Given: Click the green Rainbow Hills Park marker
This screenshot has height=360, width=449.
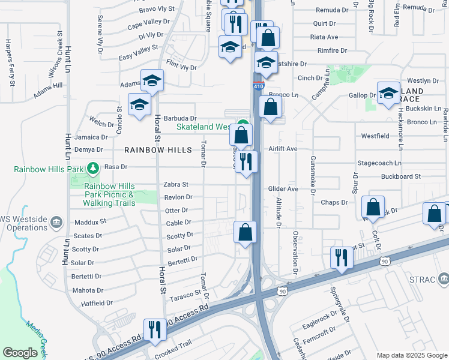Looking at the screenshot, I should pos(93,169).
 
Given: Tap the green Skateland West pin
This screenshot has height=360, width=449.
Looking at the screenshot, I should pos(242,126).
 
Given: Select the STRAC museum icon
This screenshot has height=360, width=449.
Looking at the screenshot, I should pos(444,278).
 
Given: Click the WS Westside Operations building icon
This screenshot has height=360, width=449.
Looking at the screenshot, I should pos(56,222).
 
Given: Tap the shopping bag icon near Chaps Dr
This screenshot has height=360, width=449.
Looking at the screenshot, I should pos(373,208).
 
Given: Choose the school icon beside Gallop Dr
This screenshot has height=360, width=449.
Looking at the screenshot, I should pos(389,92).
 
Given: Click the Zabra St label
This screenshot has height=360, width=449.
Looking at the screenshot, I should pos(176,185).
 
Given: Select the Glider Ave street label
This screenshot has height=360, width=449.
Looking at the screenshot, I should pos(283,188).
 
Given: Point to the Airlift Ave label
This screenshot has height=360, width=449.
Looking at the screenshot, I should pos(283,149).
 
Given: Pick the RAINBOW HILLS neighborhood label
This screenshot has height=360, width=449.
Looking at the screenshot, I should pos(158,150).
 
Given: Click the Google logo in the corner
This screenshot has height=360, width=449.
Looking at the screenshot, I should pos(20,353).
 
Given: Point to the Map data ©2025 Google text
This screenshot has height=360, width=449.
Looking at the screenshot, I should pos(411,355).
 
